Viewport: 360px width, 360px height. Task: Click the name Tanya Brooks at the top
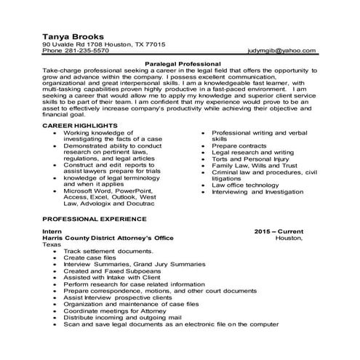[72, 36]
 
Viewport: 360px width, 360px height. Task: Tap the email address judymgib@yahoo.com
[281, 51]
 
